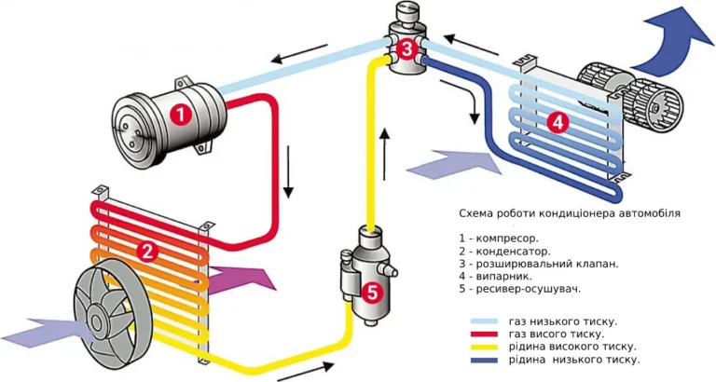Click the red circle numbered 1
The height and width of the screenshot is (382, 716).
point(181,114)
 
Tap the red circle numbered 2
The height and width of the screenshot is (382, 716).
point(147,251)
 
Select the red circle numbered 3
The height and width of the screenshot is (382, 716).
point(406,48)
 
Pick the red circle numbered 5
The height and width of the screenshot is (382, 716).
point(373,293)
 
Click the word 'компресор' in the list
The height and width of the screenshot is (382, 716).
point(507,239)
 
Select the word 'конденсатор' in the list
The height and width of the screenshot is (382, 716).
point(514,252)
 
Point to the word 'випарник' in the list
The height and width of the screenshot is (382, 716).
point(504,277)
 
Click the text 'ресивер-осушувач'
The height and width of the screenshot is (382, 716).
point(529,290)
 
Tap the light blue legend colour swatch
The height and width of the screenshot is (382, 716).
point(484,321)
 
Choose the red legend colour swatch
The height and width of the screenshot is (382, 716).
point(484,334)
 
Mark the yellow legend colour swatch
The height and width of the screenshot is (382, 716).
point(484,348)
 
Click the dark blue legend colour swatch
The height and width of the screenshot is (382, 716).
point(484,360)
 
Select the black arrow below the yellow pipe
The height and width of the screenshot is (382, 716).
point(306,372)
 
